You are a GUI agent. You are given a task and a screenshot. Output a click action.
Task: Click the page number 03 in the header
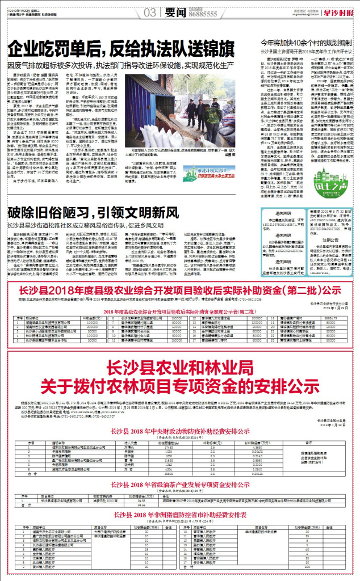[150, 12]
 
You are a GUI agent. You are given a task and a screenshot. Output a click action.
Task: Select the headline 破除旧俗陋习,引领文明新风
[89, 229]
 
